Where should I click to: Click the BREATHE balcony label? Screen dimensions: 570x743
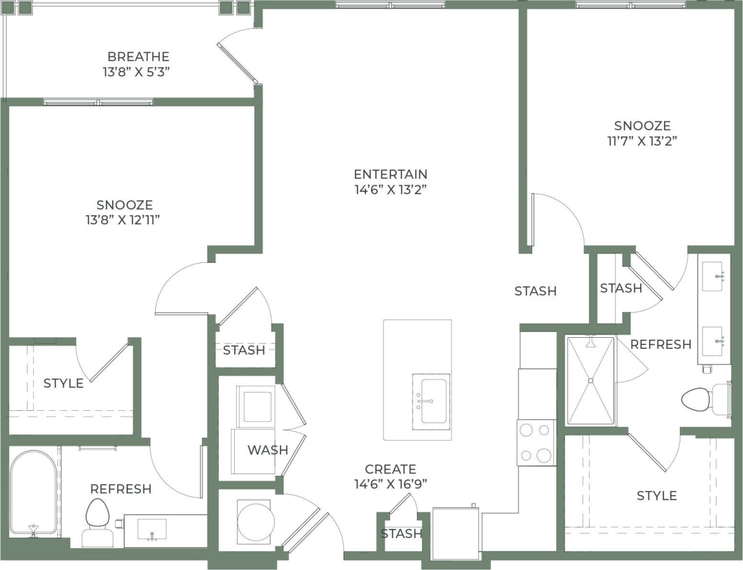(138, 57)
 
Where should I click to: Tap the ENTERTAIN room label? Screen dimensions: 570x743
(390, 174)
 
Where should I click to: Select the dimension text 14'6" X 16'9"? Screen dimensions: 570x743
(390, 484)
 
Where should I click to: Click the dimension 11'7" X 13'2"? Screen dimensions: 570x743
(642, 141)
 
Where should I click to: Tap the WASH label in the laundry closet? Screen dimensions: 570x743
(267, 449)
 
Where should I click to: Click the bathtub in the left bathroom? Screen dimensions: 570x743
(33, 493)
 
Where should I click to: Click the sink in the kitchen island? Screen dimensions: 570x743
(430, 402)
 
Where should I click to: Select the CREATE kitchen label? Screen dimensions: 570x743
(390, 469)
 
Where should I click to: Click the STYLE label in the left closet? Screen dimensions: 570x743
(63, 383)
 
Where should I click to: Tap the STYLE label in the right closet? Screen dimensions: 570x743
(656, 496)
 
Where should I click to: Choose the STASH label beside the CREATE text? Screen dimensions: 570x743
(401, 533)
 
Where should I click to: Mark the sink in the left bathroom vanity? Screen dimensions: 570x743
(151, 528)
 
